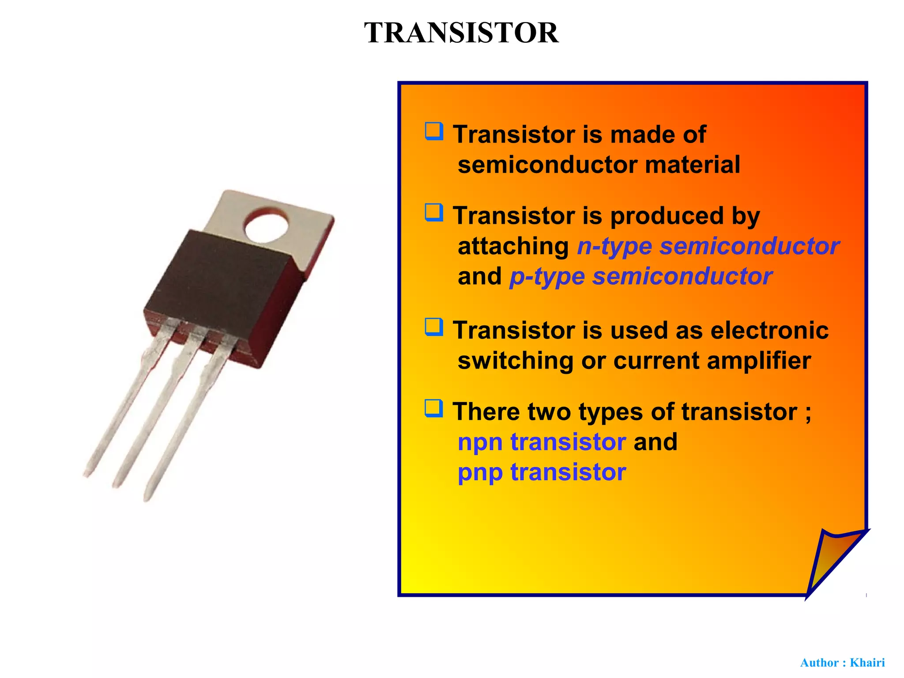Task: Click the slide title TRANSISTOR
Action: pyautogui.click(x=461, y=33)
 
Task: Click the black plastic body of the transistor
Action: pyautogui.click(x=223, y=282)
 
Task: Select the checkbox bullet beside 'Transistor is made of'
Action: pyautogui.click(x=434, y=132)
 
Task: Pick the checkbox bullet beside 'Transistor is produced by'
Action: pyautogui.click(x=434, y=213)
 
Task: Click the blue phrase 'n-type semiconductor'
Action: pyautogui.click(x=708, y=246)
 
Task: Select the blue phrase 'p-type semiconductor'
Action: pyautogui.click(x=641, y=277)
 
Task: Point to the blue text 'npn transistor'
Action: pyautogui.click(x=542, y=442)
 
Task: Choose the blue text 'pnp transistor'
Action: pyautogui.click(x=542, y=472)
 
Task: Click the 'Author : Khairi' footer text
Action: pyautogui.click(x=842, y=663)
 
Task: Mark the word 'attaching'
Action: pyautogui.click(x=513, y=246)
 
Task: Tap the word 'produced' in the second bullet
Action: pyautogui.click(x=667, y=216)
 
